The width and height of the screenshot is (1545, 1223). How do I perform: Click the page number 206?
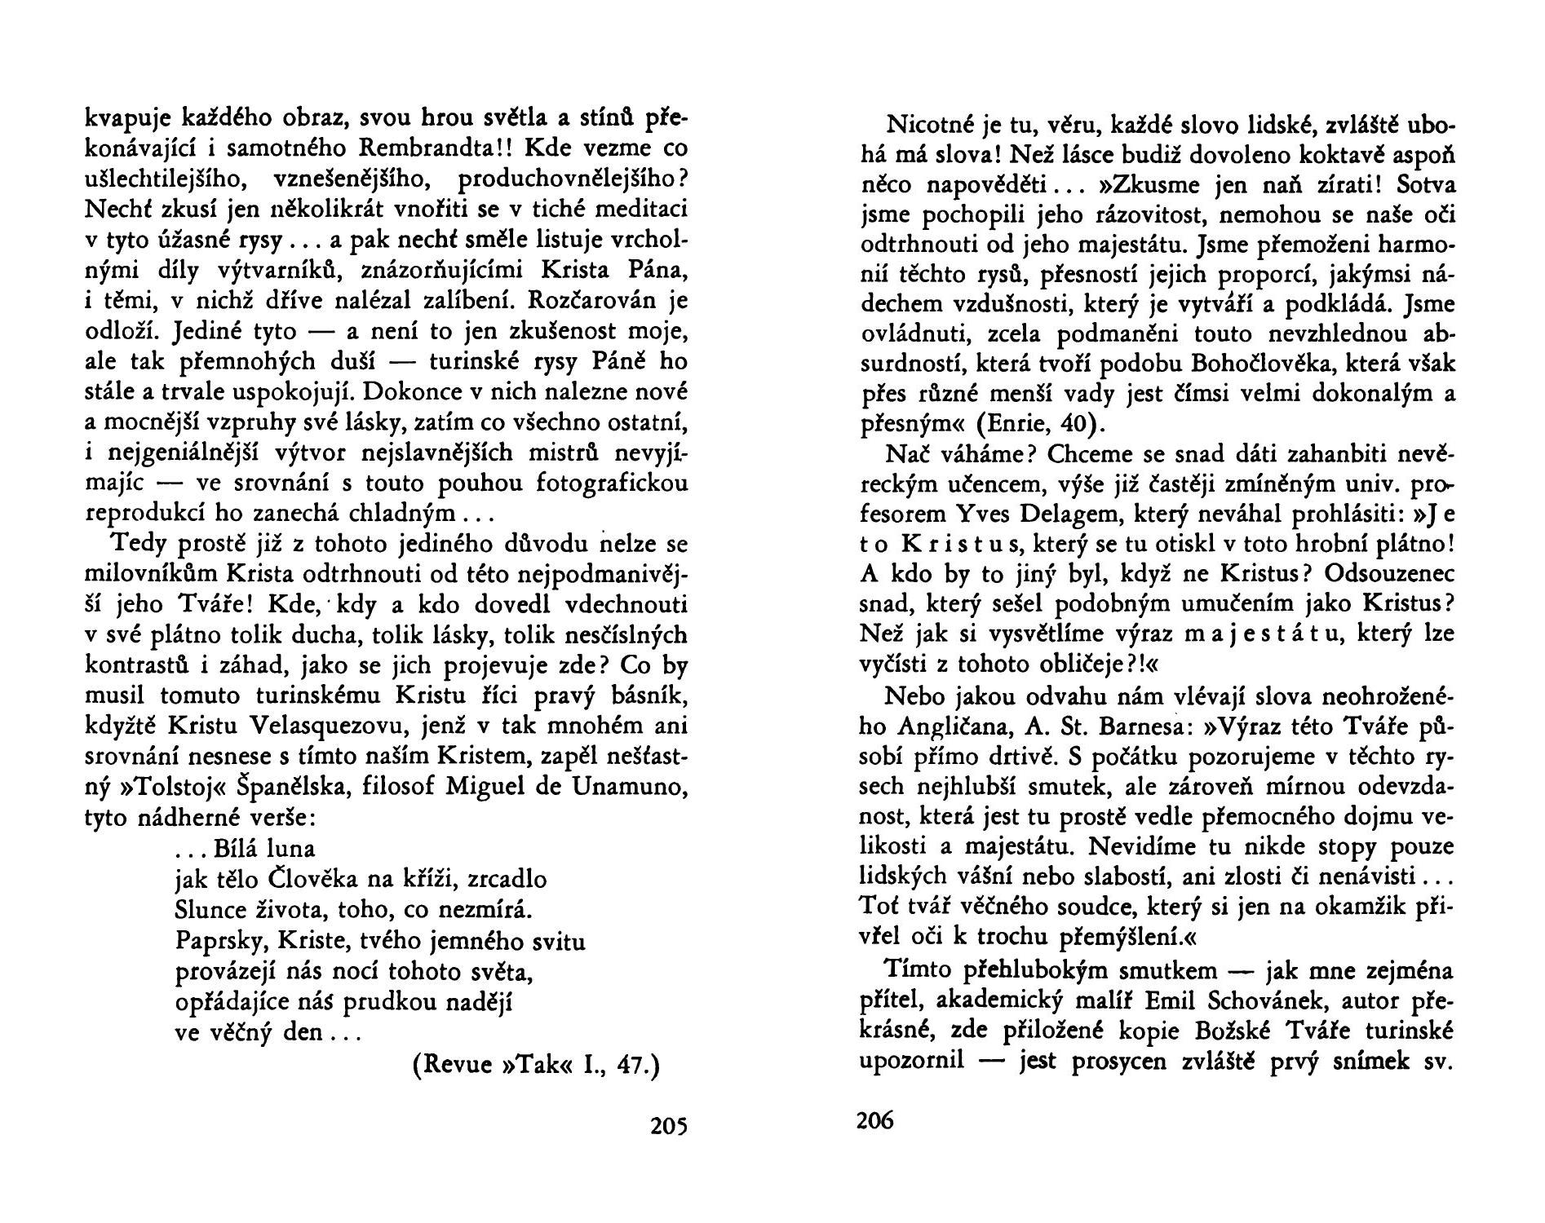[x=875, y=1120]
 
